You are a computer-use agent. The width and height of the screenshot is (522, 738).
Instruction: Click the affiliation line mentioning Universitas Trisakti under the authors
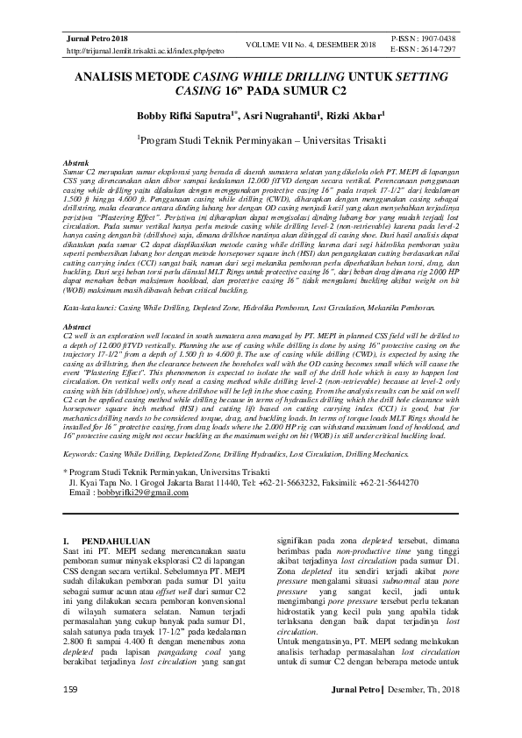[x=261, y=139]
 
